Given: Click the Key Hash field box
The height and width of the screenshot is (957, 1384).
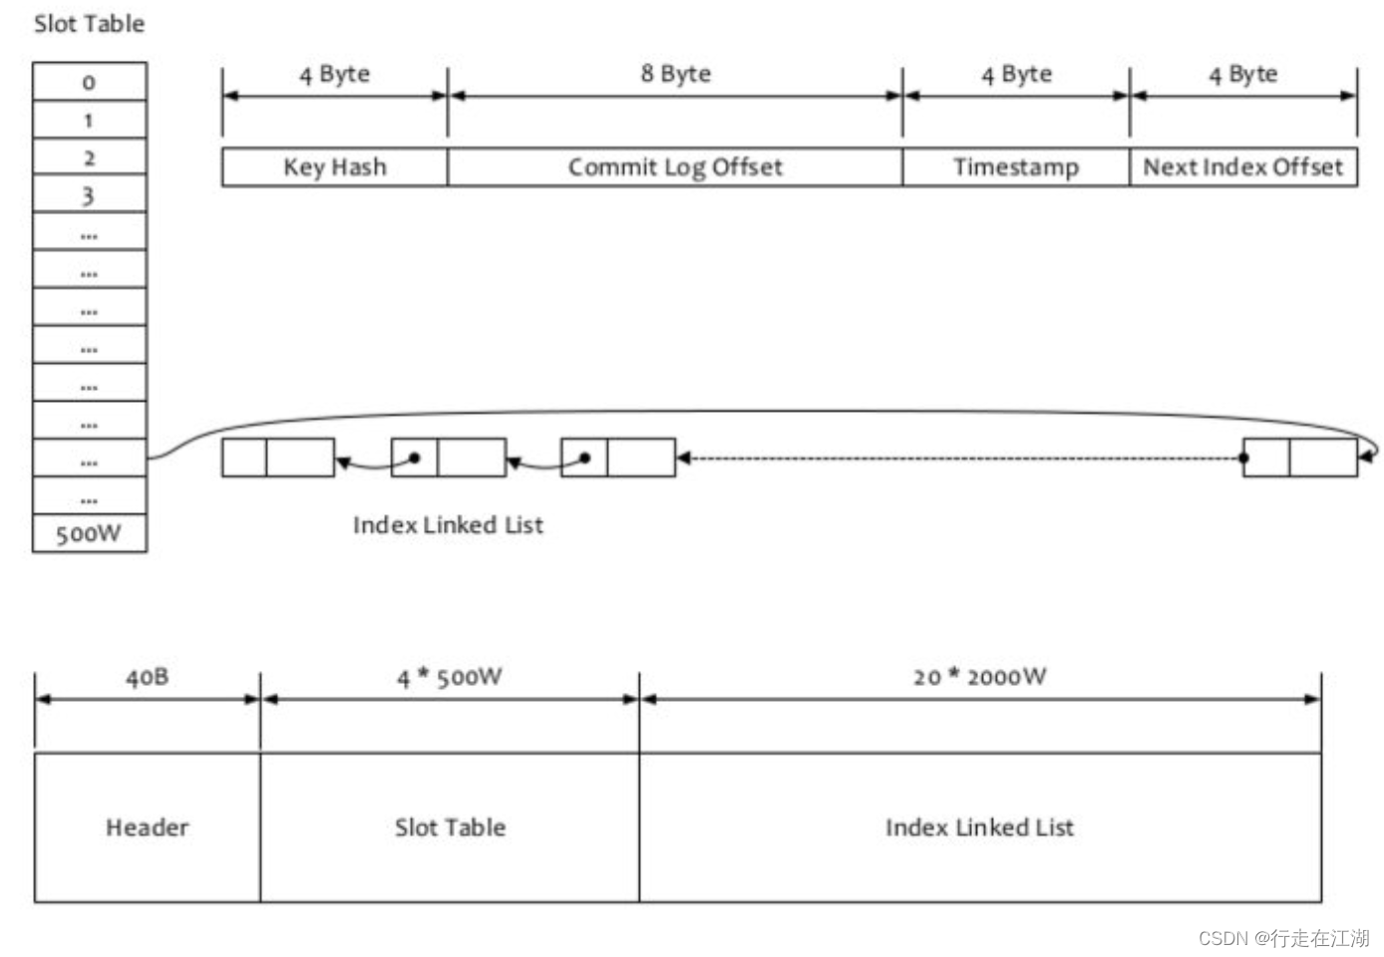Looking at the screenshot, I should point(334,167).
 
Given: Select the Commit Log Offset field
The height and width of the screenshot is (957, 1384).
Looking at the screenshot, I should point(675,167).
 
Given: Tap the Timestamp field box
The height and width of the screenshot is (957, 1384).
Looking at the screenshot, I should point(1015,167).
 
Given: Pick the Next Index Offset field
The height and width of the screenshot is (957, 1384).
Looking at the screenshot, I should point(1242,167).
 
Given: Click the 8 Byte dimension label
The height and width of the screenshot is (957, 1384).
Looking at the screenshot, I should point(675,74).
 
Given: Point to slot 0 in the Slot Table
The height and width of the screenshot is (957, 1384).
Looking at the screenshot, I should point(89,82).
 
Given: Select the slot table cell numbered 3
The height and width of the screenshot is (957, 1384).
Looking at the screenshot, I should point(89,195).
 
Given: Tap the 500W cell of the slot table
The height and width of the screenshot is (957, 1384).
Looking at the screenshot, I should point(89,534).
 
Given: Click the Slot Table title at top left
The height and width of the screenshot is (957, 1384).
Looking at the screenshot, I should point(89,24).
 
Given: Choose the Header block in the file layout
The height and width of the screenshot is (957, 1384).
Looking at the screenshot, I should point(147,827).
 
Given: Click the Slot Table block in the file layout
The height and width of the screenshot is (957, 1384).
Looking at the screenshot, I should point(450,827).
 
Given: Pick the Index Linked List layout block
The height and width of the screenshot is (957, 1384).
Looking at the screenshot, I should point(979,827).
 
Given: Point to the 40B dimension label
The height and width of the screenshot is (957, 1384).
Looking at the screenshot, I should point(147,678).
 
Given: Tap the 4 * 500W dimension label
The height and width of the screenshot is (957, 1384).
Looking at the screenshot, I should point(450,678).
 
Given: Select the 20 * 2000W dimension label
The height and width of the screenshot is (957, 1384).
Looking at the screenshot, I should point(979,678).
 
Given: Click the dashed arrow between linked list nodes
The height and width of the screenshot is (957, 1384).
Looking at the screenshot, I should point(957,459).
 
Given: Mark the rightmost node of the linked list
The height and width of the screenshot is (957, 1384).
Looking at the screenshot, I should point(1299,458).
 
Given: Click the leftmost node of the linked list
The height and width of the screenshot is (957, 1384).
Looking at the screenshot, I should point(278,458).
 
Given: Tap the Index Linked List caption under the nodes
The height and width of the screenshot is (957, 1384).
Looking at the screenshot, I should point(448,525).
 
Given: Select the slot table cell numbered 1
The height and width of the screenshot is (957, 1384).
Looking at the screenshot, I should point(89,121).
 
